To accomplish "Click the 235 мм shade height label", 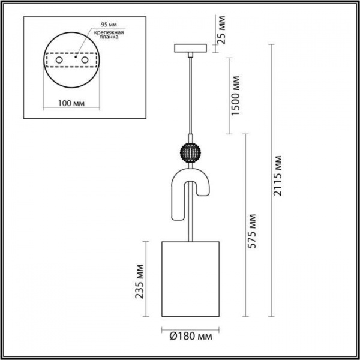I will (140, 280).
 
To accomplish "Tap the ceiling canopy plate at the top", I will (191, 48).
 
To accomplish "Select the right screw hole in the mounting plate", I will (85, 61).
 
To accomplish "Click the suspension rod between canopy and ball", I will (191, 96).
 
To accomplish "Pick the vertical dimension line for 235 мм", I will (146, 280).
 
